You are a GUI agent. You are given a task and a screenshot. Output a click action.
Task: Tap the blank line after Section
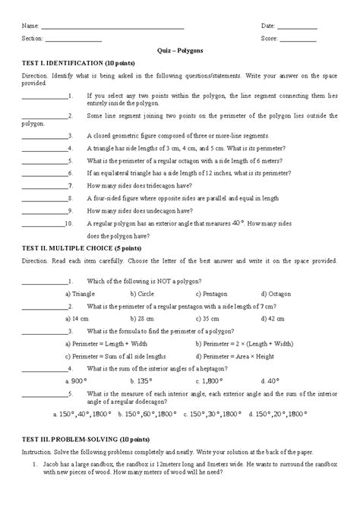pos(74,39)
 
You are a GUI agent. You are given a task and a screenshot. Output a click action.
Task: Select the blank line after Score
pos(299,39)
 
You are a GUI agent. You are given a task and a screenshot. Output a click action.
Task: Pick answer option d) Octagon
pos(275,293)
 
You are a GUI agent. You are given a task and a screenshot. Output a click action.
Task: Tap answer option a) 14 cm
pos(77,319)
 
